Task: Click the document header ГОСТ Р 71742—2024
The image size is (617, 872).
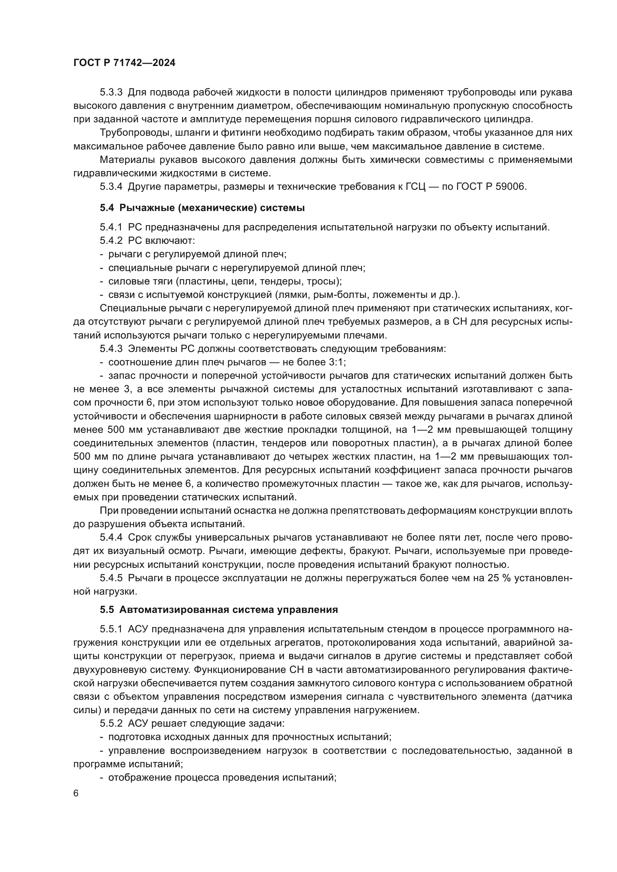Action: [x=124, y=63]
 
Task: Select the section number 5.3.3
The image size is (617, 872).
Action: [x=111, y=92]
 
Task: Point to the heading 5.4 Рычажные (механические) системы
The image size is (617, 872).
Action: [x=202, y=208]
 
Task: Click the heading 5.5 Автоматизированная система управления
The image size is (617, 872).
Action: [x=219, y=610]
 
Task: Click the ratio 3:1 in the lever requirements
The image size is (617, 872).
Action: [x=336, y=362]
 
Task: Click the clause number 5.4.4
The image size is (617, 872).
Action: [x=111, y=538]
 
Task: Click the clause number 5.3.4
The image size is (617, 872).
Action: [x=111, y=187]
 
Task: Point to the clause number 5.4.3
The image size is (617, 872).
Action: [x=111, y=349]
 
